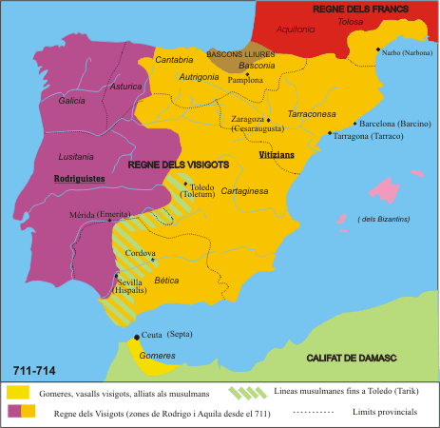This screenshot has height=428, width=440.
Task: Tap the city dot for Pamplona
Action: pos(248,74)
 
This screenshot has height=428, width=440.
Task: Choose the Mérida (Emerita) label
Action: pos(100,215)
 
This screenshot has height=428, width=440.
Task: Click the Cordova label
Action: pos(141,252)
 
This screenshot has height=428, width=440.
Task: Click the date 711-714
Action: pos(32,369)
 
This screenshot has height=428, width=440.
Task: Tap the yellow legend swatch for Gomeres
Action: pos(17,392)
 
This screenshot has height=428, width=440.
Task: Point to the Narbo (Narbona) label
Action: pos(406,53)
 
